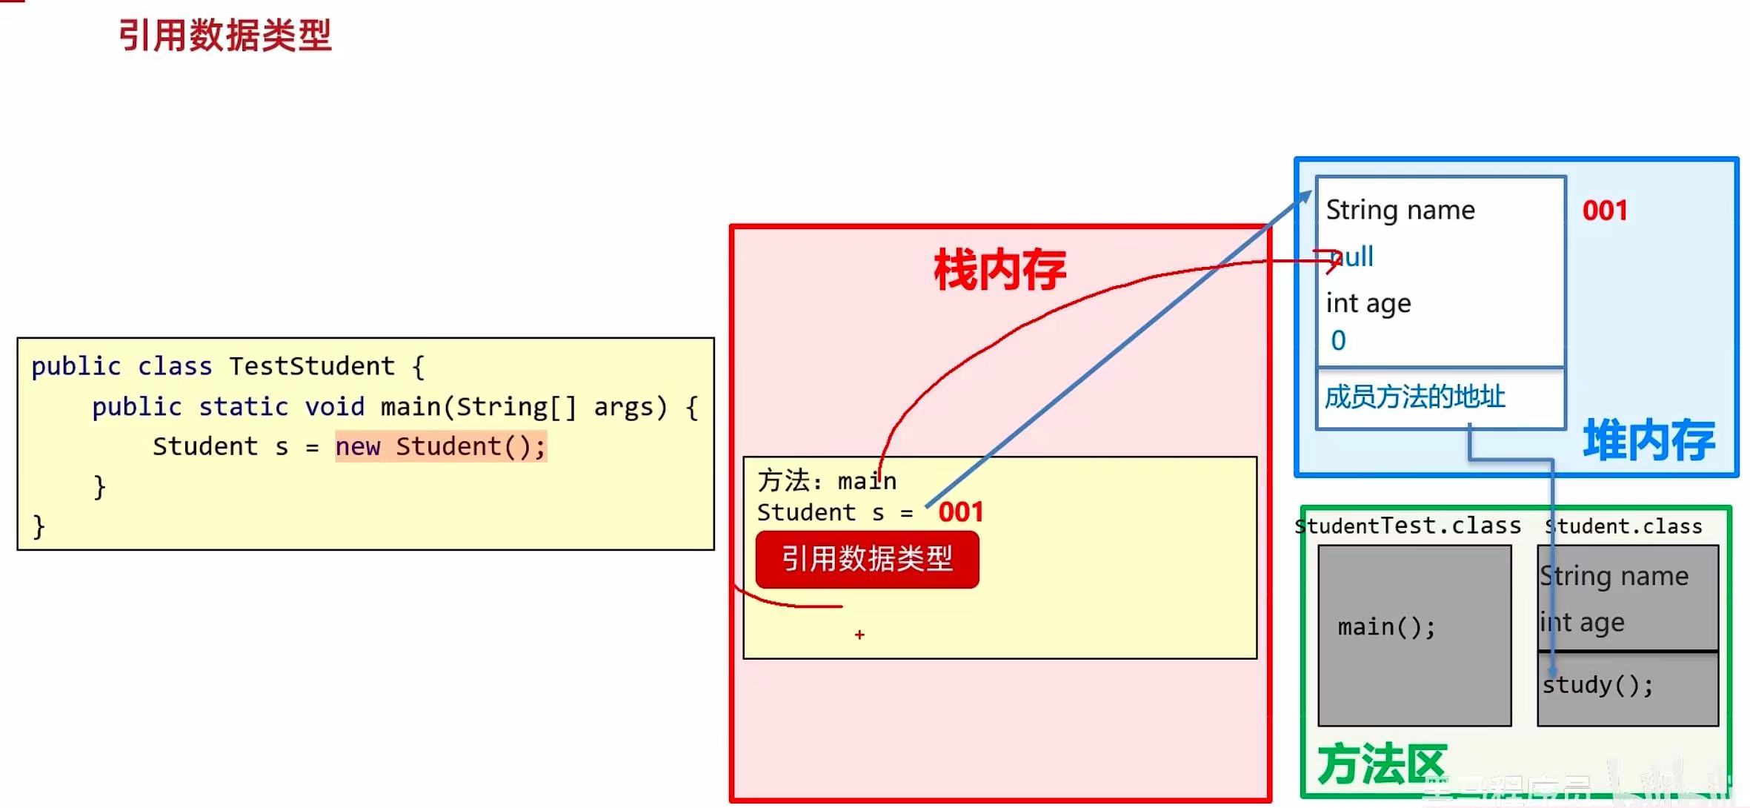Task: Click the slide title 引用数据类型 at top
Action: point(224,35)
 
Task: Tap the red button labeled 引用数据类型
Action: point(867,559)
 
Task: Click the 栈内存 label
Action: point(999,270)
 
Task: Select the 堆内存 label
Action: point(1648,440)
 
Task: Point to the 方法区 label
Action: point(1381,764)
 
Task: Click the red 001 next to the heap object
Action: point(1605,211)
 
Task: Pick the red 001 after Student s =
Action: point(961,512)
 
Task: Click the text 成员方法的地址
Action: point(1414,397)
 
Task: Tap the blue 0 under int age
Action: point(1338,341)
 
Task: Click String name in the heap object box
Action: point(1400,211)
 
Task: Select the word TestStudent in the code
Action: point(312,366)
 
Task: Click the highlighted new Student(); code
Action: point(441,447)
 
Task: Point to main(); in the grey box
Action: point(1386,628)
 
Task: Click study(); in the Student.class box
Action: point(1597,685)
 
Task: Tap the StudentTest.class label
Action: point(1408,526)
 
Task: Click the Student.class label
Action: point(1623,526)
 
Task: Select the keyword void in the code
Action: point(335,407)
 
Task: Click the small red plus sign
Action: point(859,635)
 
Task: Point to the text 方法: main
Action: point(827,481)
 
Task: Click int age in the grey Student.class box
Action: point(1583,623)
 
